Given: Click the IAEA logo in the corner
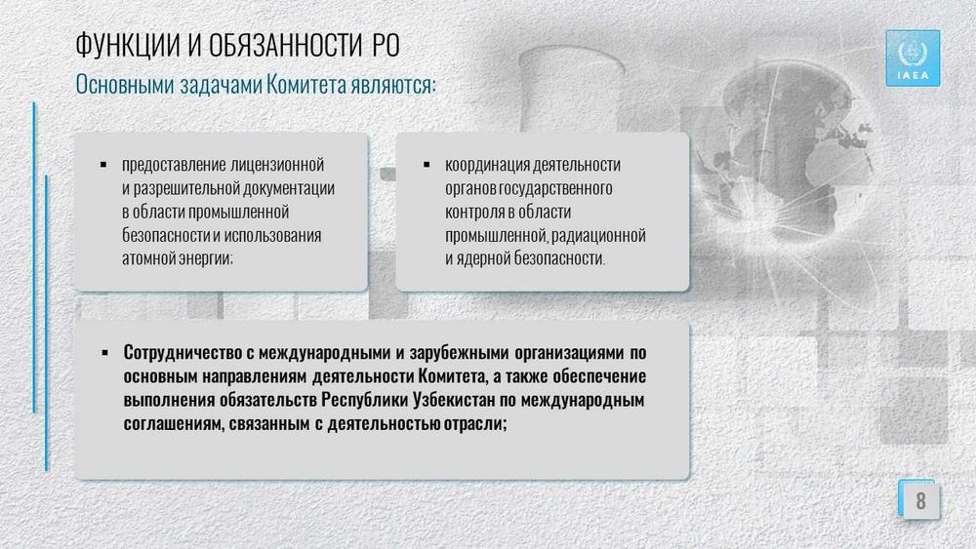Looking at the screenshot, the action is (913, 59).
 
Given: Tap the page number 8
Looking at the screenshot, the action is (920, 500).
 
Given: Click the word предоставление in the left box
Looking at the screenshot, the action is (174, 165).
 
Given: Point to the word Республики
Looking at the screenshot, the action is (365, 400).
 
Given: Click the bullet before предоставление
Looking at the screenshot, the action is (103, 165).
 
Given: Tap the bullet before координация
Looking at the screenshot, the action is (427, 165).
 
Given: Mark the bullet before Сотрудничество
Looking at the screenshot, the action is (104, 353).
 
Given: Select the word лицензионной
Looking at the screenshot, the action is (277, 165).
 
